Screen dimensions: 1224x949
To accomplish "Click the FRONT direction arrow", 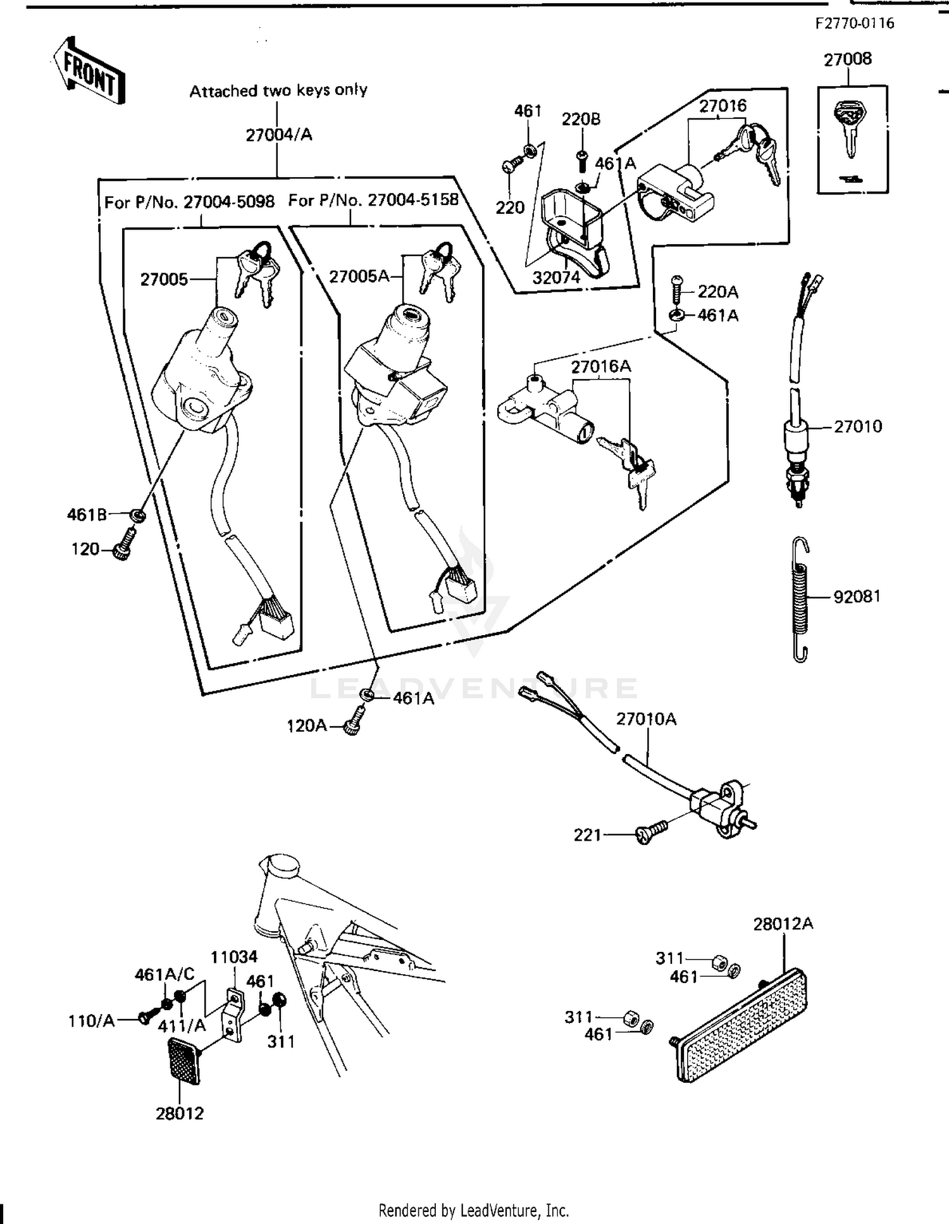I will [87, 71].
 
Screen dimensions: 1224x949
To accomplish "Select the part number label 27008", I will [847, 59].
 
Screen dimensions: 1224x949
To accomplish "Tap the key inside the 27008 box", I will [848, 127].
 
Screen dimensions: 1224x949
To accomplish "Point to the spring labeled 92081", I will [800, 598].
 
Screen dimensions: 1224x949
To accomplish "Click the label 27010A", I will [646, 719].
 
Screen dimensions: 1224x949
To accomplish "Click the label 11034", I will [234, 957].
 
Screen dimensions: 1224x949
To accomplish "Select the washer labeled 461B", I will [137, 516].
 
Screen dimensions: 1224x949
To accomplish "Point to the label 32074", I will [556, 277].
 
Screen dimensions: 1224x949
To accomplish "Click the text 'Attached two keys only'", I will [278, 90].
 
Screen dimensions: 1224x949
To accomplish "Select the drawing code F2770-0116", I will [854, 24].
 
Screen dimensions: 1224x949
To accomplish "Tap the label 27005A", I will [359, 276].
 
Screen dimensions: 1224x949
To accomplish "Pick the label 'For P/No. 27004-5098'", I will [189, 202].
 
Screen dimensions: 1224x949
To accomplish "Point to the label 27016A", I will [600, 367].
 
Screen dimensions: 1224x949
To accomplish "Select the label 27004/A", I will [278, 135].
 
